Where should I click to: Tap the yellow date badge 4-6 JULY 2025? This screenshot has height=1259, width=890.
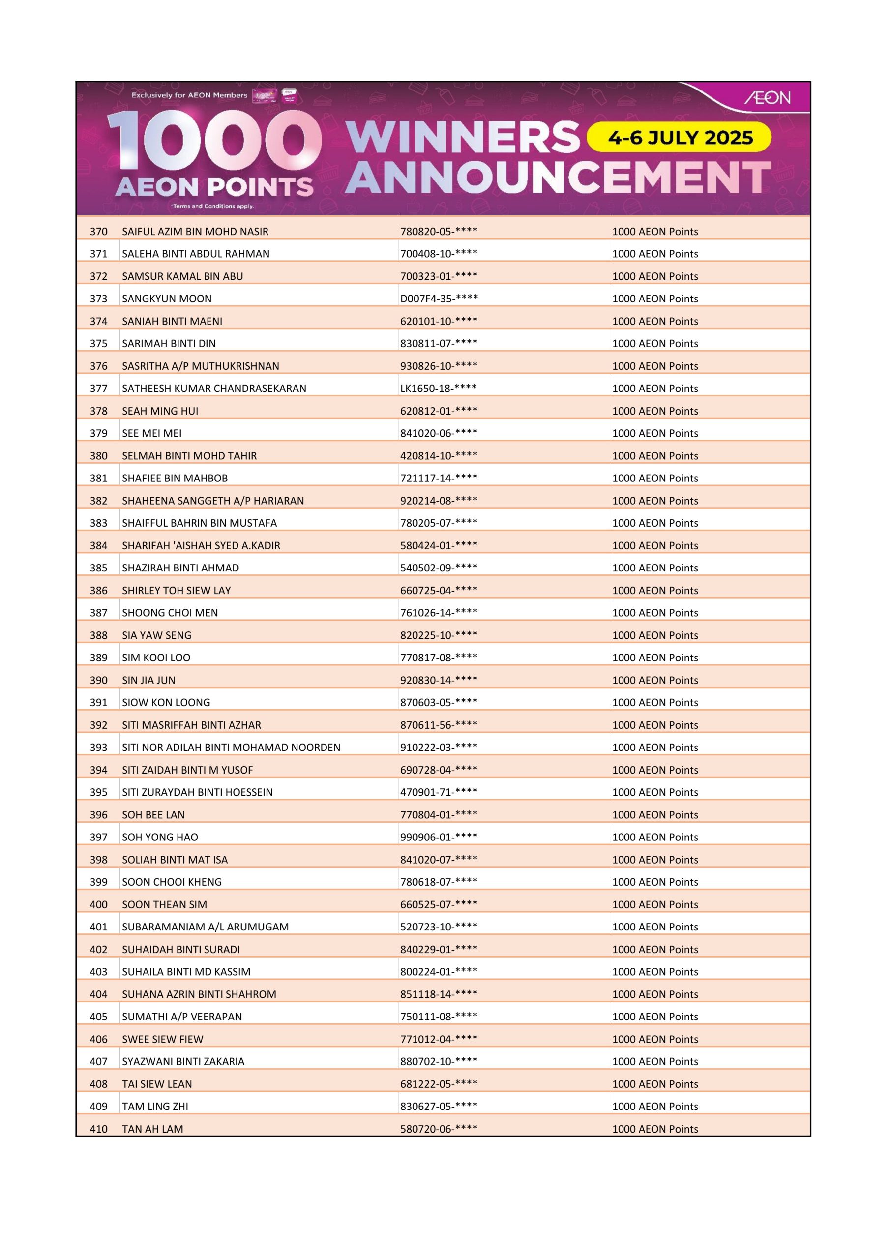point(680,138)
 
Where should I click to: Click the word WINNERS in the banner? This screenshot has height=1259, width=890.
point(463,137)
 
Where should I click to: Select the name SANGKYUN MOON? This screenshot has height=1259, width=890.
point(167,299)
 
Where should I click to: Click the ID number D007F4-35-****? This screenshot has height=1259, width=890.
point(439,299)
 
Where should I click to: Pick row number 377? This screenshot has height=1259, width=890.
point(99,388)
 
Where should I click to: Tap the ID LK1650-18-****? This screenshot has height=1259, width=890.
point(438,388)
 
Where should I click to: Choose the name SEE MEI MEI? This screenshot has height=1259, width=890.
point(152,433)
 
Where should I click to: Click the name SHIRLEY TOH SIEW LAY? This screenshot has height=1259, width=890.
point(176,591)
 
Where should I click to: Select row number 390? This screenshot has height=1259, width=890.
point(99,680)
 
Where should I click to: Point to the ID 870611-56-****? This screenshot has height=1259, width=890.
point(439,725)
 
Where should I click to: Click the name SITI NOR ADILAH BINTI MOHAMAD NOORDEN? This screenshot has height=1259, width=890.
point(231,748)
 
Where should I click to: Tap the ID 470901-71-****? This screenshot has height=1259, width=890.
point(439,792)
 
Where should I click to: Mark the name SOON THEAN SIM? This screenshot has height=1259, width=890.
point(165,904)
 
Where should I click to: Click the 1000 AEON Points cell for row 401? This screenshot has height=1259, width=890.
point(655,927)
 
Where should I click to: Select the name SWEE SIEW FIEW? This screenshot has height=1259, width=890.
point(162,1039)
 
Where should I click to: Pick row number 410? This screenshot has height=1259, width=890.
point(99,1129)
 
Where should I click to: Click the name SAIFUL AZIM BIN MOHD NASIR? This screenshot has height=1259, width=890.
point(195,232)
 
